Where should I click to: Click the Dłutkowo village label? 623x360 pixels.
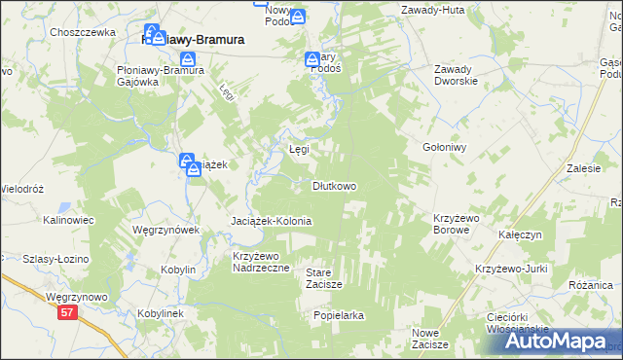[x=333, y=186]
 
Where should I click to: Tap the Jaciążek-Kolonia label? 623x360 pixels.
[x=271, y=221]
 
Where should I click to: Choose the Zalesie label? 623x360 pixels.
[x=583, y=168]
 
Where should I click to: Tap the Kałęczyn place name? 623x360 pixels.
[x=519, y=235]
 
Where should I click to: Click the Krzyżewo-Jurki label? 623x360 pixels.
[x=510, y=269]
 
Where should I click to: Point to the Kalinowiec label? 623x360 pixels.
[x=68, y=221]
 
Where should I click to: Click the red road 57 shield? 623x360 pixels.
[x=66, y=312]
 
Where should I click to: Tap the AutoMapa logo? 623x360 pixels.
[x=549, y=342]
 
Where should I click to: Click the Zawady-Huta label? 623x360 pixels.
[x=431, y=10]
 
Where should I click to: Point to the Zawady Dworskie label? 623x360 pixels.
[x=456, y=75]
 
